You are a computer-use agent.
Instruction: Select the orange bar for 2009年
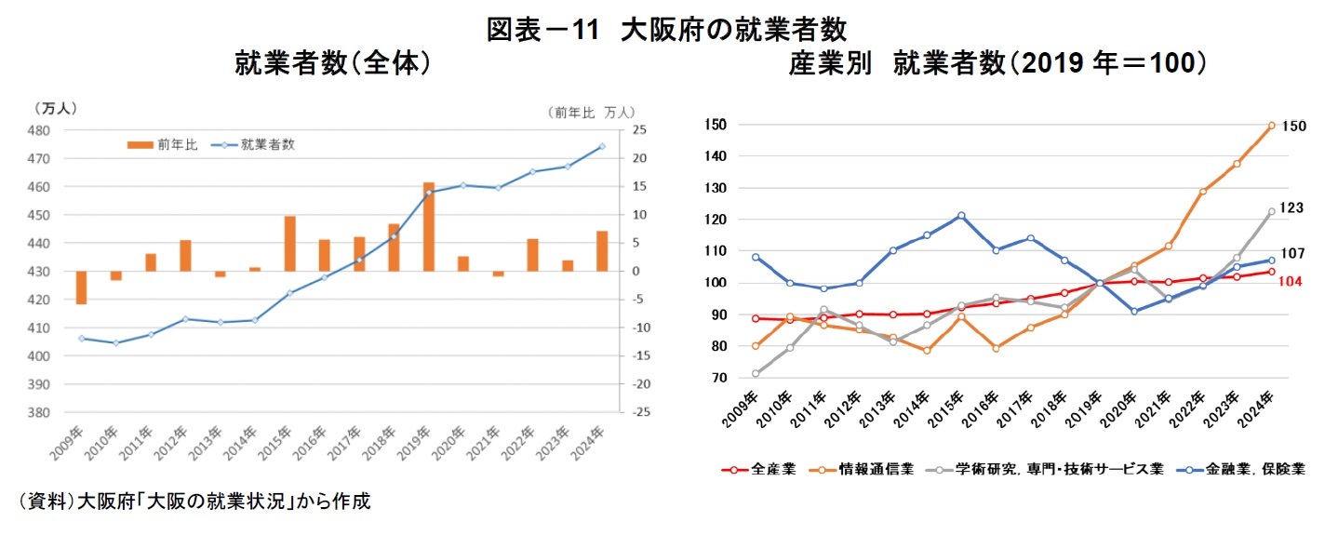coord(81,288)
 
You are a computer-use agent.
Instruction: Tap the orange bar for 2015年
coord(289,244)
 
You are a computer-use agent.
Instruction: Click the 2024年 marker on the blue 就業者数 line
coord(602,146)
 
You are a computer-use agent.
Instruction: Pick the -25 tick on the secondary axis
coord(641,412)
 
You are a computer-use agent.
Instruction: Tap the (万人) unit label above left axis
coord(56,108)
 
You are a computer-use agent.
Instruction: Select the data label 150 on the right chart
coord(1294,126)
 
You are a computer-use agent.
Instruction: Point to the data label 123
coord(1292,208)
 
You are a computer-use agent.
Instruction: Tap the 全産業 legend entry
coord(758,470)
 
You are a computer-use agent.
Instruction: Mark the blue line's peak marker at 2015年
coord(961,215)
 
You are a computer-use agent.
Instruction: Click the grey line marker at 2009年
coord(755,374)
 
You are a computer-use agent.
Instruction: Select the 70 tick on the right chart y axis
coord(715,378)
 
